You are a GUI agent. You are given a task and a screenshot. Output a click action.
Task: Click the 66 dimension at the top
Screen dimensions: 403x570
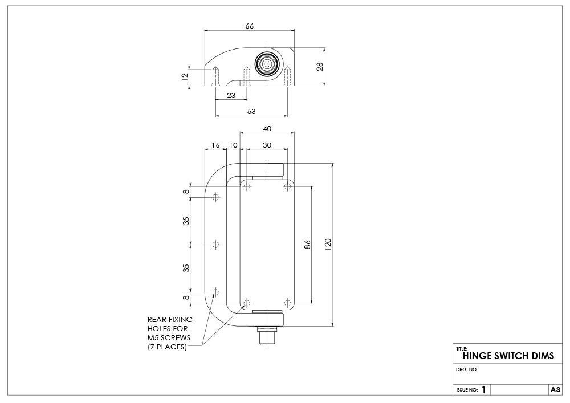249,26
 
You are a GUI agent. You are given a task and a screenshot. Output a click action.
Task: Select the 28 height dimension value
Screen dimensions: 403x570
320,67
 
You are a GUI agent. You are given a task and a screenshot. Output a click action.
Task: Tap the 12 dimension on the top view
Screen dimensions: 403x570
185,78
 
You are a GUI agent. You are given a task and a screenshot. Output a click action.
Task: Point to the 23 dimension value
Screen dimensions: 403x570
231,95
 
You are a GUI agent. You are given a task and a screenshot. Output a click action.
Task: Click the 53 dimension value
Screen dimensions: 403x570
251,112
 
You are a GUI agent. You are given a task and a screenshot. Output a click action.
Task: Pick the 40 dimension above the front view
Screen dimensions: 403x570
267,129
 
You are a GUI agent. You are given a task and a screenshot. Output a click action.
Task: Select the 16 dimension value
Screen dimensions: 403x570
215,145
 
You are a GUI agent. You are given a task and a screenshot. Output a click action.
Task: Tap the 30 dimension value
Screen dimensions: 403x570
267,145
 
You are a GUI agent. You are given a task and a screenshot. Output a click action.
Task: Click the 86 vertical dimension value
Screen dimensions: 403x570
308,244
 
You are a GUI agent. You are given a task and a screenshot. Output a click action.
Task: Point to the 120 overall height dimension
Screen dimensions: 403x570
328,244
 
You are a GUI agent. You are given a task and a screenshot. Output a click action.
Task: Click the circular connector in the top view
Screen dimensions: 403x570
266,64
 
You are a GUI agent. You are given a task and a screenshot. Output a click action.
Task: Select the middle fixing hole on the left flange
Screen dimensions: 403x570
215,245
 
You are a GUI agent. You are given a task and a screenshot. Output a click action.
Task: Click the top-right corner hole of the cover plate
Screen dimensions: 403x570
287,186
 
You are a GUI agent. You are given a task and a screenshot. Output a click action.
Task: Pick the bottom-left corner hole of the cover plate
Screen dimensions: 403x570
246,302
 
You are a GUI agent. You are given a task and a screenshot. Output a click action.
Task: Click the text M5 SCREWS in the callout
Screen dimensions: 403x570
168,337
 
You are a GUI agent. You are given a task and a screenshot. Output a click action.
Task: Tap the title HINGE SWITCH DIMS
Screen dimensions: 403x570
508,356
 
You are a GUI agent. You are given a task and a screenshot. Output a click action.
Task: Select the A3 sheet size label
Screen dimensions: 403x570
555,390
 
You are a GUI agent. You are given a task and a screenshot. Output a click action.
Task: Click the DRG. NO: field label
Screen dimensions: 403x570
467,369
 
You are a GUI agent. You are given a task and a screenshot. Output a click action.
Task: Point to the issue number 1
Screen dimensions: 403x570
483,390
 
